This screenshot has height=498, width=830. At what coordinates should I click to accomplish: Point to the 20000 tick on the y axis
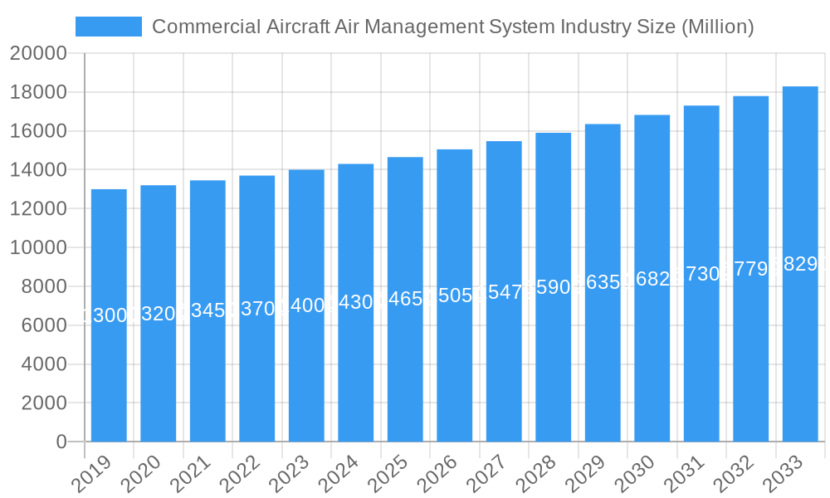(38, 54)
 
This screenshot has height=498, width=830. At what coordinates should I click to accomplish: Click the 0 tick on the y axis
(61, 442)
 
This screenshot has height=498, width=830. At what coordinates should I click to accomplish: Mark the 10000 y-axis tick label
(38, 248)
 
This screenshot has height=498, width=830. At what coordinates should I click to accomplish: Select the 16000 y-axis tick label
(38, 131)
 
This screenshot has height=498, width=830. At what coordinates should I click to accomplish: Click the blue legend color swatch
(109, 27)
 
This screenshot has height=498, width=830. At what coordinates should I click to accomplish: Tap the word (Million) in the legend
(717, 27)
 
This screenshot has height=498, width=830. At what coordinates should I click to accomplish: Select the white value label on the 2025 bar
(405, 299)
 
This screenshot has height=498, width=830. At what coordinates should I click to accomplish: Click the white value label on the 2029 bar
(603, 282)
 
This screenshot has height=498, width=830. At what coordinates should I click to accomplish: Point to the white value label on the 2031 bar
(701, 274)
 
